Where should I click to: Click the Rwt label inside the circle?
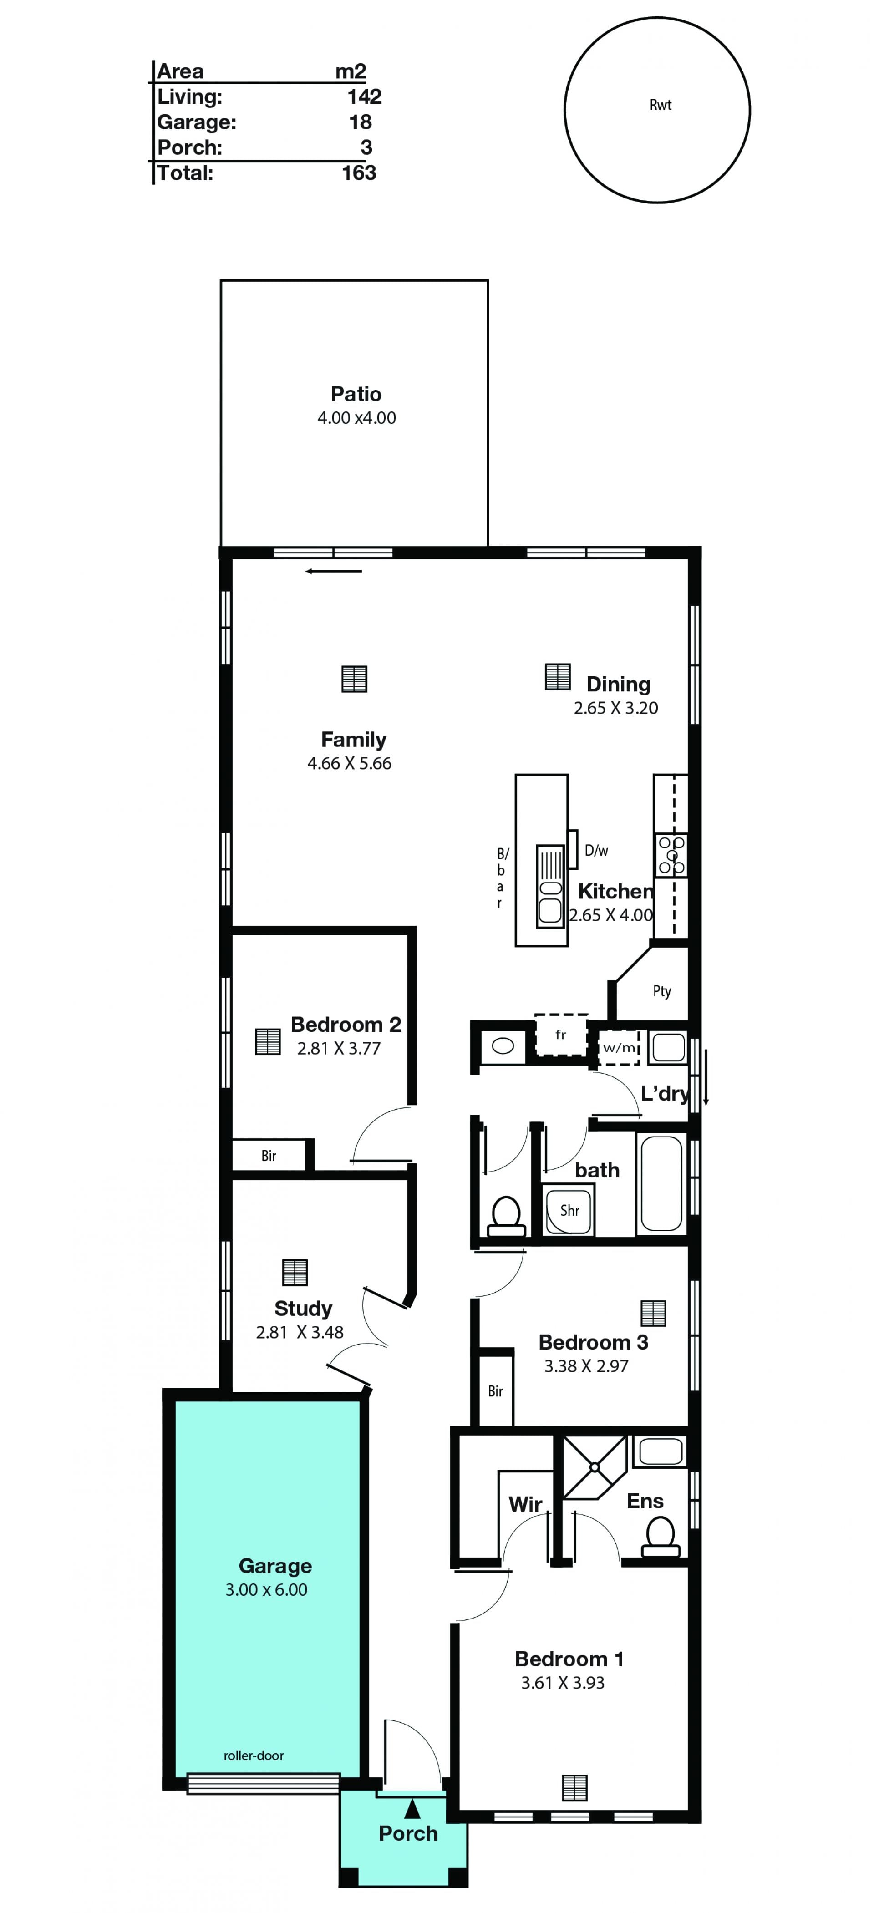pyautogui.click(x=660, y=105)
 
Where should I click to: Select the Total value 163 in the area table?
pyautogui.click(x=359, y=173)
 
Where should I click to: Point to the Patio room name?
pyautogui.click(x=356, y=394)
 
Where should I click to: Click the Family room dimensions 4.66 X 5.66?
pyautogui.click(x=349, y=763)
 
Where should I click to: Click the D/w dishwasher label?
pyautogui.click(x=596, y=850)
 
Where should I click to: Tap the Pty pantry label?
pyautogui.click(x=661, y=991)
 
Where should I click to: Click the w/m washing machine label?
pyautogui.click(x=619, y=1048)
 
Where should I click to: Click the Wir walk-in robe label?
pyautogui.click(x=525, y=1504)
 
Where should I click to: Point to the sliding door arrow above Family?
pyautogui.click(x=333, y=571)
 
